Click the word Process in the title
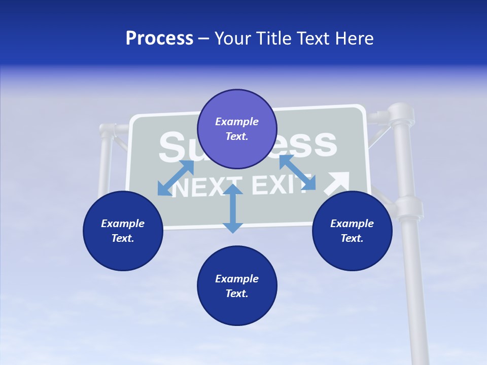coord(159,39)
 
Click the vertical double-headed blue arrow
coord(233,208)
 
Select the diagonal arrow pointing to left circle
coord(176,178)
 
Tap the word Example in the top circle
coord(237,122)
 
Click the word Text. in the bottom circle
coord(237,294)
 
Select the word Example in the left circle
coord(123,224)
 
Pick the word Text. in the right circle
coord(352,238)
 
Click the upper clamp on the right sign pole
coord(400,116)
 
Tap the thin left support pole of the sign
coord(106,162)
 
